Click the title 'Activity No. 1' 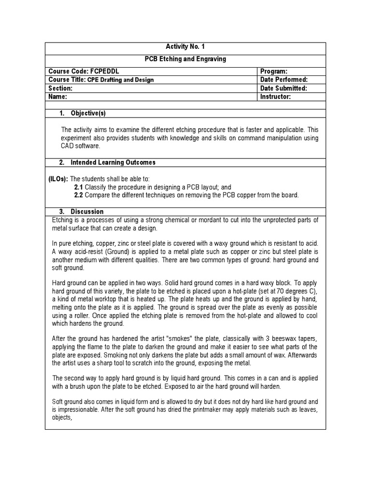coord(185,47)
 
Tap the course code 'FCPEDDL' coord(104,71)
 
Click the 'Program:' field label coord(274,71)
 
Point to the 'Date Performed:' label coord(284,80)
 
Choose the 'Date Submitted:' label coord(284,88)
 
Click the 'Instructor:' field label coord(275,97)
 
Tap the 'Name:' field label coord(57,97)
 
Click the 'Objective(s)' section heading coord(88,114)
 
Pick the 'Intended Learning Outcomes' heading coord(113,162)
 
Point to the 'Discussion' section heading coord(87,212)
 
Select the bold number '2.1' coord(79,187)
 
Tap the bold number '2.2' coord(79,195)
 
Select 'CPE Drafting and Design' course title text coord(121,80)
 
